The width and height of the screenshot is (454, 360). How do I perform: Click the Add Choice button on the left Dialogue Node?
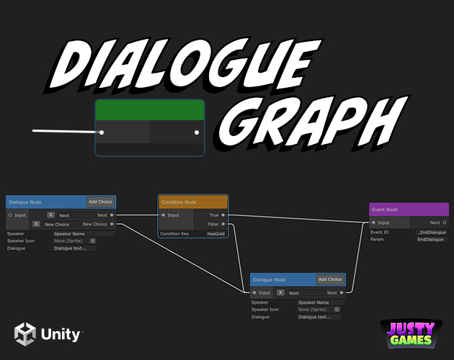click(100, 202)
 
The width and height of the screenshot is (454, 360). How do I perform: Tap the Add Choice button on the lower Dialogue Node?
click(330, 279)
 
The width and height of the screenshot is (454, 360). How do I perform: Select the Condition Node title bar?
click(193, 202)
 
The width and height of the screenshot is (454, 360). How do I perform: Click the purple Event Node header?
click(409, 210)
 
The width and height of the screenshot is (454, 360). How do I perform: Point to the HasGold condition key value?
click(215, 233)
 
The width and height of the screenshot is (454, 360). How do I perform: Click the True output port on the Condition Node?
click(223, 215)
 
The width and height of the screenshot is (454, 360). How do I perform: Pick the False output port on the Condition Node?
click(223, 224)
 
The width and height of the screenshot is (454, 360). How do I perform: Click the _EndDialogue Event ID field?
click(432, 232)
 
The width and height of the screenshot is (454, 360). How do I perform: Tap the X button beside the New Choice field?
click(36, 224)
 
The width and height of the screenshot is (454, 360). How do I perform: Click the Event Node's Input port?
click(373, 222)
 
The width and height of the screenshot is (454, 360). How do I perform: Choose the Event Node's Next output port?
click(445, 222)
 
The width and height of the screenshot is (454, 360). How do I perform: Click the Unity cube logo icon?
click(25, 334)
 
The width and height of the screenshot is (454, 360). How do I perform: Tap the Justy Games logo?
click(411, 334)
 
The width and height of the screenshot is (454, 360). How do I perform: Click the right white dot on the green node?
click(197, 132)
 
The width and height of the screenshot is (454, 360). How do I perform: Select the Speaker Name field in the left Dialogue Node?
click(84, 233)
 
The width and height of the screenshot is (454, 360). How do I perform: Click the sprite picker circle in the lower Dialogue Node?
click(337, 310)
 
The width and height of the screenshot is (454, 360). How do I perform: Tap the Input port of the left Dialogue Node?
click(10, 215)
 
